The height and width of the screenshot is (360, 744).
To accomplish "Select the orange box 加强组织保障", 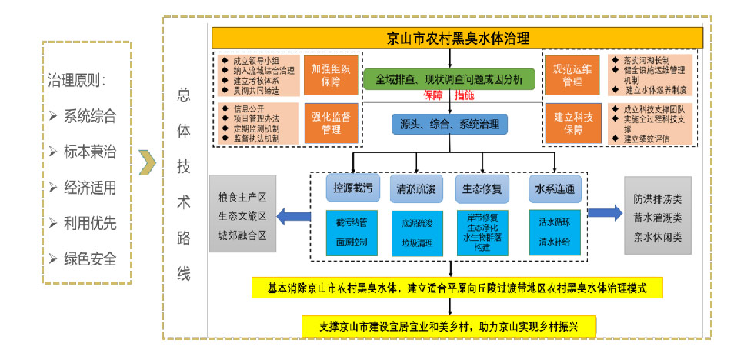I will click(x=331, y=74).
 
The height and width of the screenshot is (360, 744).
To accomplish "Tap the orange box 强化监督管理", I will click(x=331, y=123).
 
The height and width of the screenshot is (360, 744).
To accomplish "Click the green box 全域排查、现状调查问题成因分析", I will click(x=449, y=79).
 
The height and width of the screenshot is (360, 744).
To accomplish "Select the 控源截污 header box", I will click(x=351, y=188).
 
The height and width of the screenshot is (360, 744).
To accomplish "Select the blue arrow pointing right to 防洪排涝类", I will click(x=607, y=213).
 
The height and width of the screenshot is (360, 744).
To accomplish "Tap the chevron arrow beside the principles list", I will click(x=147, y=163).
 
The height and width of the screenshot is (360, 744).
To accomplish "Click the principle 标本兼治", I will click(x=90, y=152).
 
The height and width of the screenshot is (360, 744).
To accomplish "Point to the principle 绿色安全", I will click(x=90, y=259).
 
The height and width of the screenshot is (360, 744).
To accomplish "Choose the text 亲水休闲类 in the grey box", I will click(x=653, y=238).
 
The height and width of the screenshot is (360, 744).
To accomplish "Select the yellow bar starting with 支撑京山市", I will click(x=449, y=325).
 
